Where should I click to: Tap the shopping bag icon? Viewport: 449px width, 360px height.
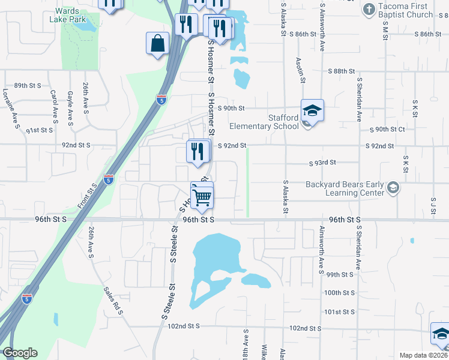157,44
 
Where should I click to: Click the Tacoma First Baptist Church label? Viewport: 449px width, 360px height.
406,11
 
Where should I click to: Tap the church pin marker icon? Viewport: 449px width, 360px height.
369,10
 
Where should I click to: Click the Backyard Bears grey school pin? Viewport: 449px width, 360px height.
393,187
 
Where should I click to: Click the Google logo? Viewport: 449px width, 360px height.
19,353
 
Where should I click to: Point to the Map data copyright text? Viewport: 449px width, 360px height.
423,355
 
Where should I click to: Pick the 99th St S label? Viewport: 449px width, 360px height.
339,274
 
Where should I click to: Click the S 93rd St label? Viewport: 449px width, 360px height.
322,163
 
